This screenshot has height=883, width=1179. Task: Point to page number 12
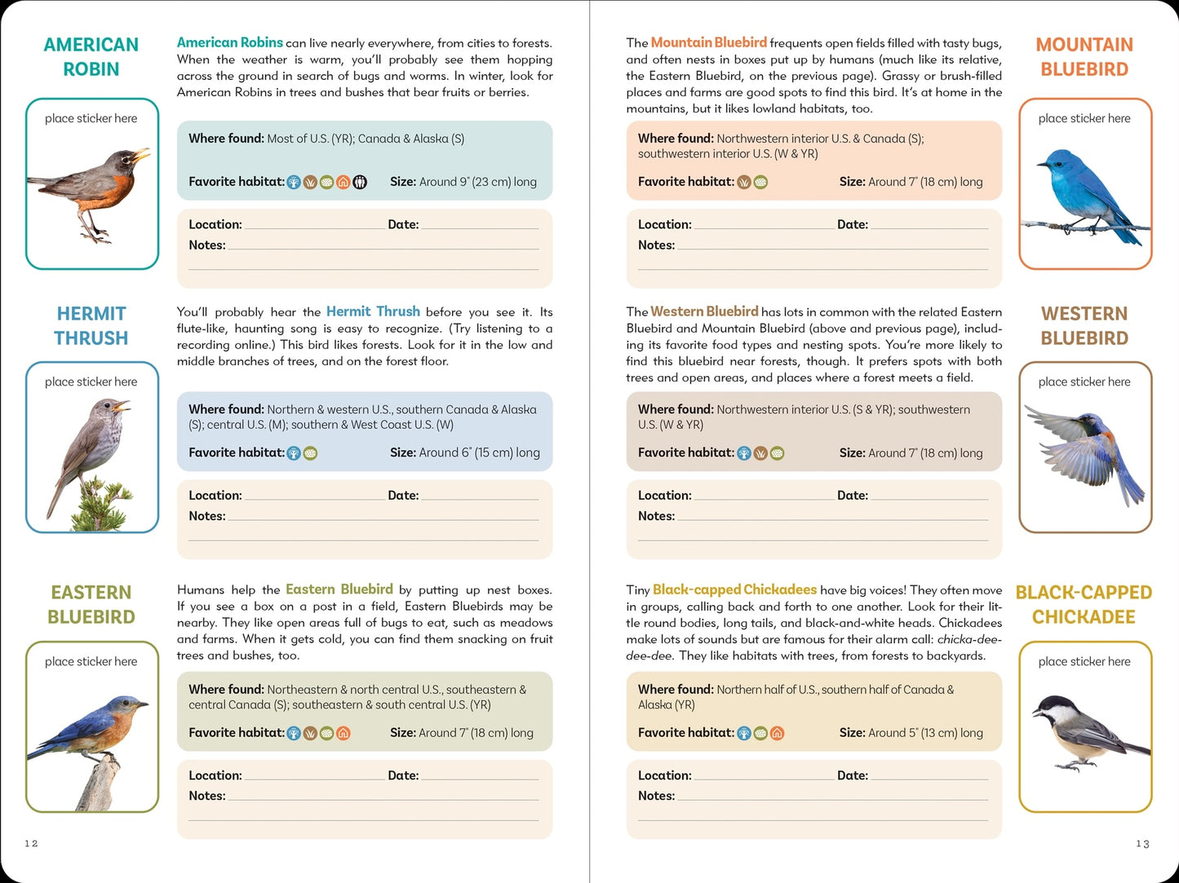[31, 843]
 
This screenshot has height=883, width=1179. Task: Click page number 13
[1142, 844]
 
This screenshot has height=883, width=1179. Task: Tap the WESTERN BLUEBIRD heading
[1084, 326]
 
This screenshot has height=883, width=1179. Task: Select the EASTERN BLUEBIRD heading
[91, 605]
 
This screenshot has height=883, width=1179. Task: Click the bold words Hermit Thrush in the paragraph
[373, 311]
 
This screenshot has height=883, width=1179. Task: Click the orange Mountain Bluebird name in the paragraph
[708, 42]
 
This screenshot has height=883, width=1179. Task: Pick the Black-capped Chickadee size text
[911, 733]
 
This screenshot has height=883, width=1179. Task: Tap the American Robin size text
[463, 182]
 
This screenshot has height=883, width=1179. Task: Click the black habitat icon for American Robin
[360, 183]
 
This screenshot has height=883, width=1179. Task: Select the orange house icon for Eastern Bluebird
[344, 734]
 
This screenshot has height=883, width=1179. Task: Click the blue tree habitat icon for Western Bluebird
[744, 453]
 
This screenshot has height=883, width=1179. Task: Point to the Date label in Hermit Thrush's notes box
[403, 495]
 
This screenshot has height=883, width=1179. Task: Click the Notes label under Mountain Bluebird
[656, 245]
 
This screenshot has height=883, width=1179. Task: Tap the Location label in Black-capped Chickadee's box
[664, 775]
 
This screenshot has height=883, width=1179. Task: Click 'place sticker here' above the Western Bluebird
[1084, 382]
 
